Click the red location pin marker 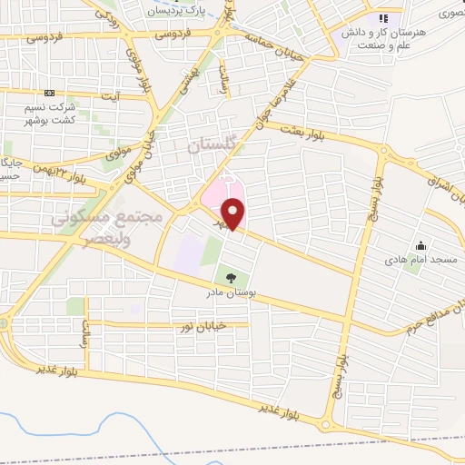(x=234, y=213)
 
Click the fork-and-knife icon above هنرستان (x=383, y=17)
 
